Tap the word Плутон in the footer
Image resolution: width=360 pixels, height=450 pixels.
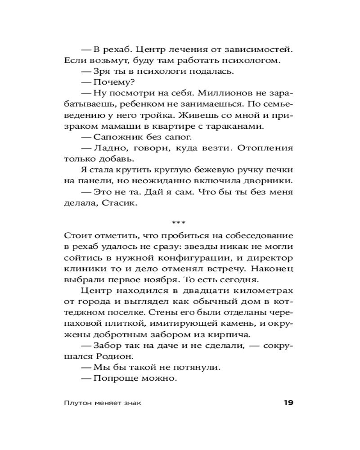(77, 403)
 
